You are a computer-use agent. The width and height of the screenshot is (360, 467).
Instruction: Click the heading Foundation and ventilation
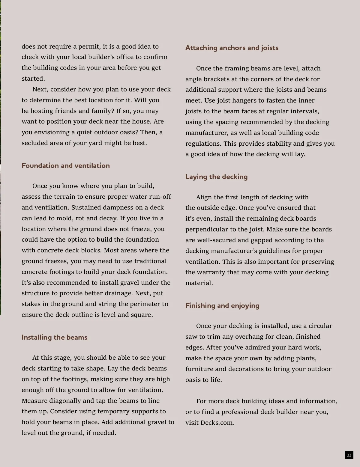[x=66, y=165]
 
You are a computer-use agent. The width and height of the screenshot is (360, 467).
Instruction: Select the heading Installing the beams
[x=54, y=337]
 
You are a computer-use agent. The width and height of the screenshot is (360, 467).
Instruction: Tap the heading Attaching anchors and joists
[x=232, y=48]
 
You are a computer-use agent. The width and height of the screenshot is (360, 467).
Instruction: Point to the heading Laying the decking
[x=216, y=177]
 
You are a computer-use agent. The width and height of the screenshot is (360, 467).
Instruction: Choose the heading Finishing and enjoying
[x=222, y=305]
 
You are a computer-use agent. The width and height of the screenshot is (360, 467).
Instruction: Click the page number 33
[x=349, y=455]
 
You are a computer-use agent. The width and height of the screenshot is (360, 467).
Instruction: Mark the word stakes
[x=31, y=304]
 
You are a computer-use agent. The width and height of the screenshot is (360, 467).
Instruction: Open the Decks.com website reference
[x=217, y=423]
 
